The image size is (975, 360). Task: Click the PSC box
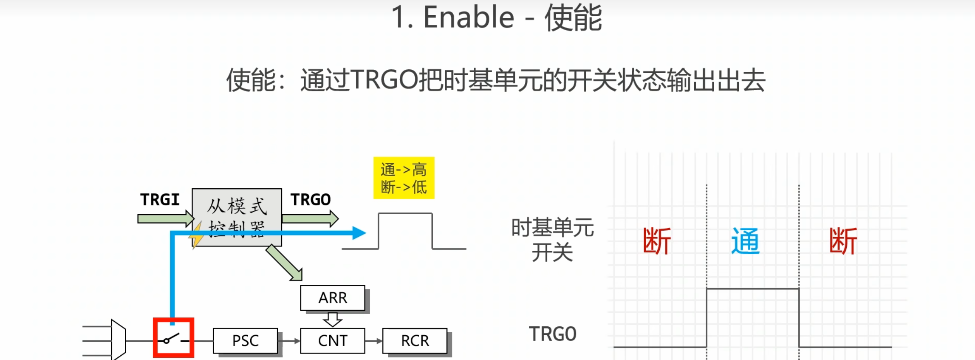[x=245, y=341]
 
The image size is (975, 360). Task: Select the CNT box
[x=332, y=341]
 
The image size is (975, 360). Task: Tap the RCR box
[x=415, y=341]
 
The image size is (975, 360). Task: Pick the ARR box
[x=332, y=298]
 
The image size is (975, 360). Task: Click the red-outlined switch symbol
[x=173, y=338]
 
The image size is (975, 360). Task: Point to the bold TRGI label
[x=160, y=200]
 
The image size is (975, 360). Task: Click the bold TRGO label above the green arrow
[x=311, y=200]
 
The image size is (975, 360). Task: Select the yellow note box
[x=404, y=178]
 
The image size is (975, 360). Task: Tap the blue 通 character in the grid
[x=745, y=241]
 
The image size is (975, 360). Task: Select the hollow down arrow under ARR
[x=332, y=320]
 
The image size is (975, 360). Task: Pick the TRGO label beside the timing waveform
[x=552, y=334]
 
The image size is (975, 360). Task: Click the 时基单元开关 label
[x=552, y=239]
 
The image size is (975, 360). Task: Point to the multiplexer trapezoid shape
[x=118, y=339]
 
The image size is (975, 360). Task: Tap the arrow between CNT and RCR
[x=373, y=341]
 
